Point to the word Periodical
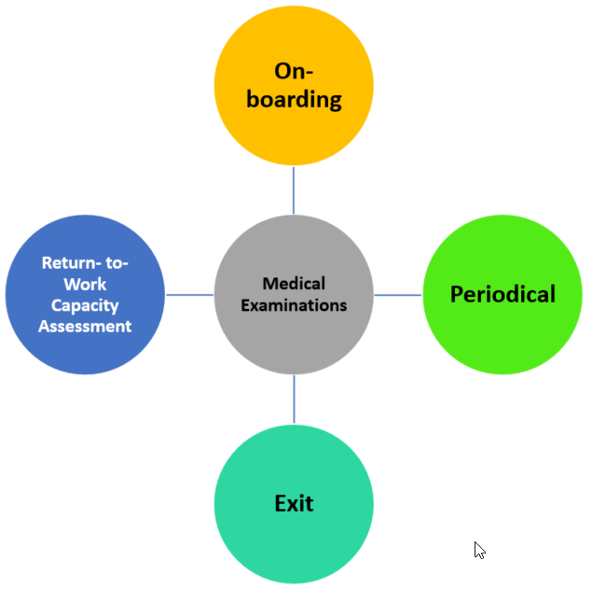coord(503,295)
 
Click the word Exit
coord(294,504)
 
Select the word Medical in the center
coord(294,283)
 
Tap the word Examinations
coord(294,304)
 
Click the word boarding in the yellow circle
coord(294,99)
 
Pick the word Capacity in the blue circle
coord(85,305)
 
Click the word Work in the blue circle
coord(85,284)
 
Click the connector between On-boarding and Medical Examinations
coord(294,189)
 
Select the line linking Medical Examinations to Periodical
coord(398,295)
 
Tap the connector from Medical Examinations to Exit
coord(294,400)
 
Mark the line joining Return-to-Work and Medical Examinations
coord(189,295)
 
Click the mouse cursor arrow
coord(479,550)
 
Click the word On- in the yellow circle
coord(294,72)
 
